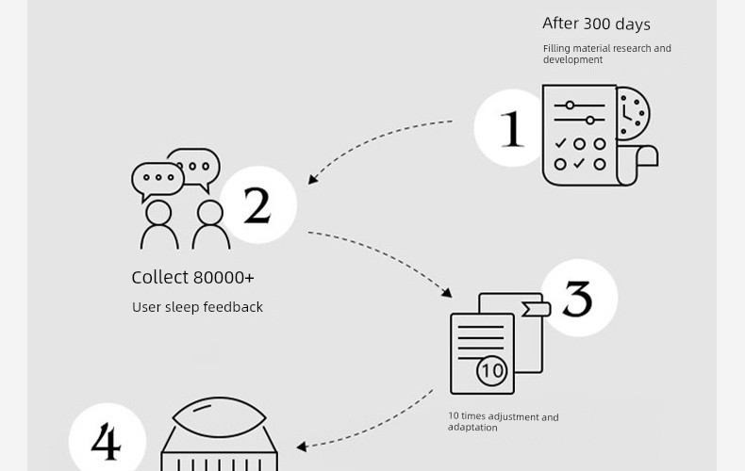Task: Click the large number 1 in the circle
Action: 512,129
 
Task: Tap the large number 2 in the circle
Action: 257,204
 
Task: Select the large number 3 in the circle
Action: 578,299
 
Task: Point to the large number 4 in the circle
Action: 106,442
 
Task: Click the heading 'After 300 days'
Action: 596,24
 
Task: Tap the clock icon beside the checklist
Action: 634,113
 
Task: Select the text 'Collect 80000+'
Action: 193,277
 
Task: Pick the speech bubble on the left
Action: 157,180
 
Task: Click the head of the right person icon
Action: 210,212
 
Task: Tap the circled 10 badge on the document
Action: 492,370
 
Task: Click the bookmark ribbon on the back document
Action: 536,309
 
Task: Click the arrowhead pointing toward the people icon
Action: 313,179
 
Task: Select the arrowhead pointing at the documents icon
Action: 447,292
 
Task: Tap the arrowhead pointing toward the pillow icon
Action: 301,447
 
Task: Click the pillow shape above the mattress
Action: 219,417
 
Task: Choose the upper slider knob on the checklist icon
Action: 570,105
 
